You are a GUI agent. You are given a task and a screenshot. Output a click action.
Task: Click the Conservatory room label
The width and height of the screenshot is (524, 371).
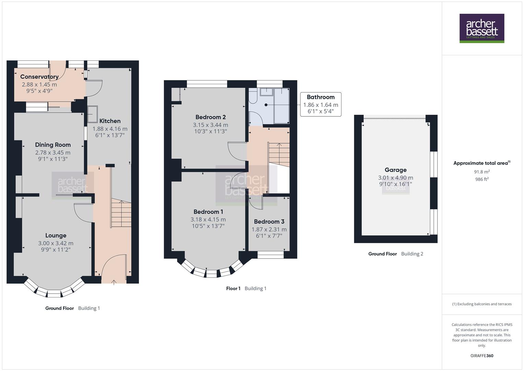pos(39,77)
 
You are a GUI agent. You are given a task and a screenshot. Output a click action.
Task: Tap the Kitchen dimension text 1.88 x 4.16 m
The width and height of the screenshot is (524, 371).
pos(110,129)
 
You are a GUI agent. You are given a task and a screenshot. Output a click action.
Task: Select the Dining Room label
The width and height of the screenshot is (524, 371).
pos(53,145)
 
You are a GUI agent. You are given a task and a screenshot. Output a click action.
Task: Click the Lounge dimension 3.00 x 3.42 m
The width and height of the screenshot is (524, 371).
pos(56,243)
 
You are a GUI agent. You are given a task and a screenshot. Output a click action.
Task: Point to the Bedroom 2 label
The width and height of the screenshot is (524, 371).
pos(210,117)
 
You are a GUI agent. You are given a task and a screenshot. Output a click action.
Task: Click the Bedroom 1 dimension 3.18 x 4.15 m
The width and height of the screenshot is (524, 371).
pos(208,220)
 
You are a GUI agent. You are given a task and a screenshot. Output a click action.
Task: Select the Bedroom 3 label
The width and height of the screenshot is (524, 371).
pos(269,222)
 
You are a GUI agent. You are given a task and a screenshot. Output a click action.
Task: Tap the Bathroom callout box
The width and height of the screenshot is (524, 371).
pos(321,104)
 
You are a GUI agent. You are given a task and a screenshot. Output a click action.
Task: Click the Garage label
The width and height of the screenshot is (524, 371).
pos(395,170)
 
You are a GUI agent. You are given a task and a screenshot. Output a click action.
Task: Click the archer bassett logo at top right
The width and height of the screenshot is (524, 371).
pos(481,28)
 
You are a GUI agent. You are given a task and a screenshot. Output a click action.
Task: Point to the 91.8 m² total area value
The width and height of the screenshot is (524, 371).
pos(482,172)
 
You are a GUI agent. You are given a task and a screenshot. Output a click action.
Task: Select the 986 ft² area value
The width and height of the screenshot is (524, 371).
pos(482,179)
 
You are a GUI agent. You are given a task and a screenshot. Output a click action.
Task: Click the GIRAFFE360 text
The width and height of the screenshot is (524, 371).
pos(482,356)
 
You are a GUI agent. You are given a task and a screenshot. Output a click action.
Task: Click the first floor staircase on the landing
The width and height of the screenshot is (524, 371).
pos(279,154)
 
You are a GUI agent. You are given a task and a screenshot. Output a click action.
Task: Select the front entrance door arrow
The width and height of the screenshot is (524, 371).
pos(114,282)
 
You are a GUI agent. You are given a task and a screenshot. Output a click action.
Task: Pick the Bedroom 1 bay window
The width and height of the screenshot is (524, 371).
pos(209,272)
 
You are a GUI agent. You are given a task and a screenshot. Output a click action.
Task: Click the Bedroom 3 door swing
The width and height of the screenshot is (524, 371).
pos(256,203)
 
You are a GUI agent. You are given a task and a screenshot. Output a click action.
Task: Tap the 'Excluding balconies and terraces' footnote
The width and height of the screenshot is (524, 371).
pos(482,304)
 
